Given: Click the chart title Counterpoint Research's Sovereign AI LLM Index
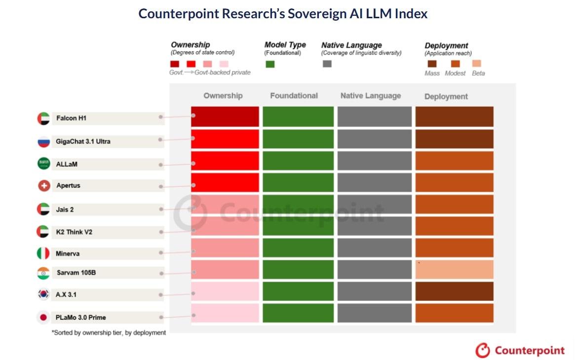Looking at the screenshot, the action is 283,14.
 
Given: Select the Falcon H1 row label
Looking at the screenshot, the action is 71,118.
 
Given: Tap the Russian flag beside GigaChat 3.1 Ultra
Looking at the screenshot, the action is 43,142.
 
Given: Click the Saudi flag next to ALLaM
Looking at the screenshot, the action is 43,163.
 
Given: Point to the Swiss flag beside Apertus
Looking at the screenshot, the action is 44,186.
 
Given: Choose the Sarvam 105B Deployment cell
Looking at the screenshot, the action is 455,270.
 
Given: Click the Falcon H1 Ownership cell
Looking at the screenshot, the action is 225,116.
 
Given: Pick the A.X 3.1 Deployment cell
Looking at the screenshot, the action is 455,291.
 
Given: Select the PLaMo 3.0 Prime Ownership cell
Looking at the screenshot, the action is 225,313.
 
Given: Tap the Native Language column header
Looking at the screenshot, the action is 370,96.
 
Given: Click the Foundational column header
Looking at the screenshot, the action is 294,96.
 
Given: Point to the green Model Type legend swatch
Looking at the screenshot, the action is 270,64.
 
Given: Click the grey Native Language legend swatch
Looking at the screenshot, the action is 327,64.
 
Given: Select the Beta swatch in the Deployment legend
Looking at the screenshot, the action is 477,63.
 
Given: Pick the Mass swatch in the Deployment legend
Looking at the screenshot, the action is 432,64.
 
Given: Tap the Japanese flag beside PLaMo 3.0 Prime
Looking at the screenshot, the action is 43,317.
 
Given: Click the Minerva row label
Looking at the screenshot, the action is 68,253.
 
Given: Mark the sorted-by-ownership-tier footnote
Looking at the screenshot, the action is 109,332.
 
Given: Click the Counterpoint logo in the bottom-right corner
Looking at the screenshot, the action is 520,351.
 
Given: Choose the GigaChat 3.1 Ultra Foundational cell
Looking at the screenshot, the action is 298,139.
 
